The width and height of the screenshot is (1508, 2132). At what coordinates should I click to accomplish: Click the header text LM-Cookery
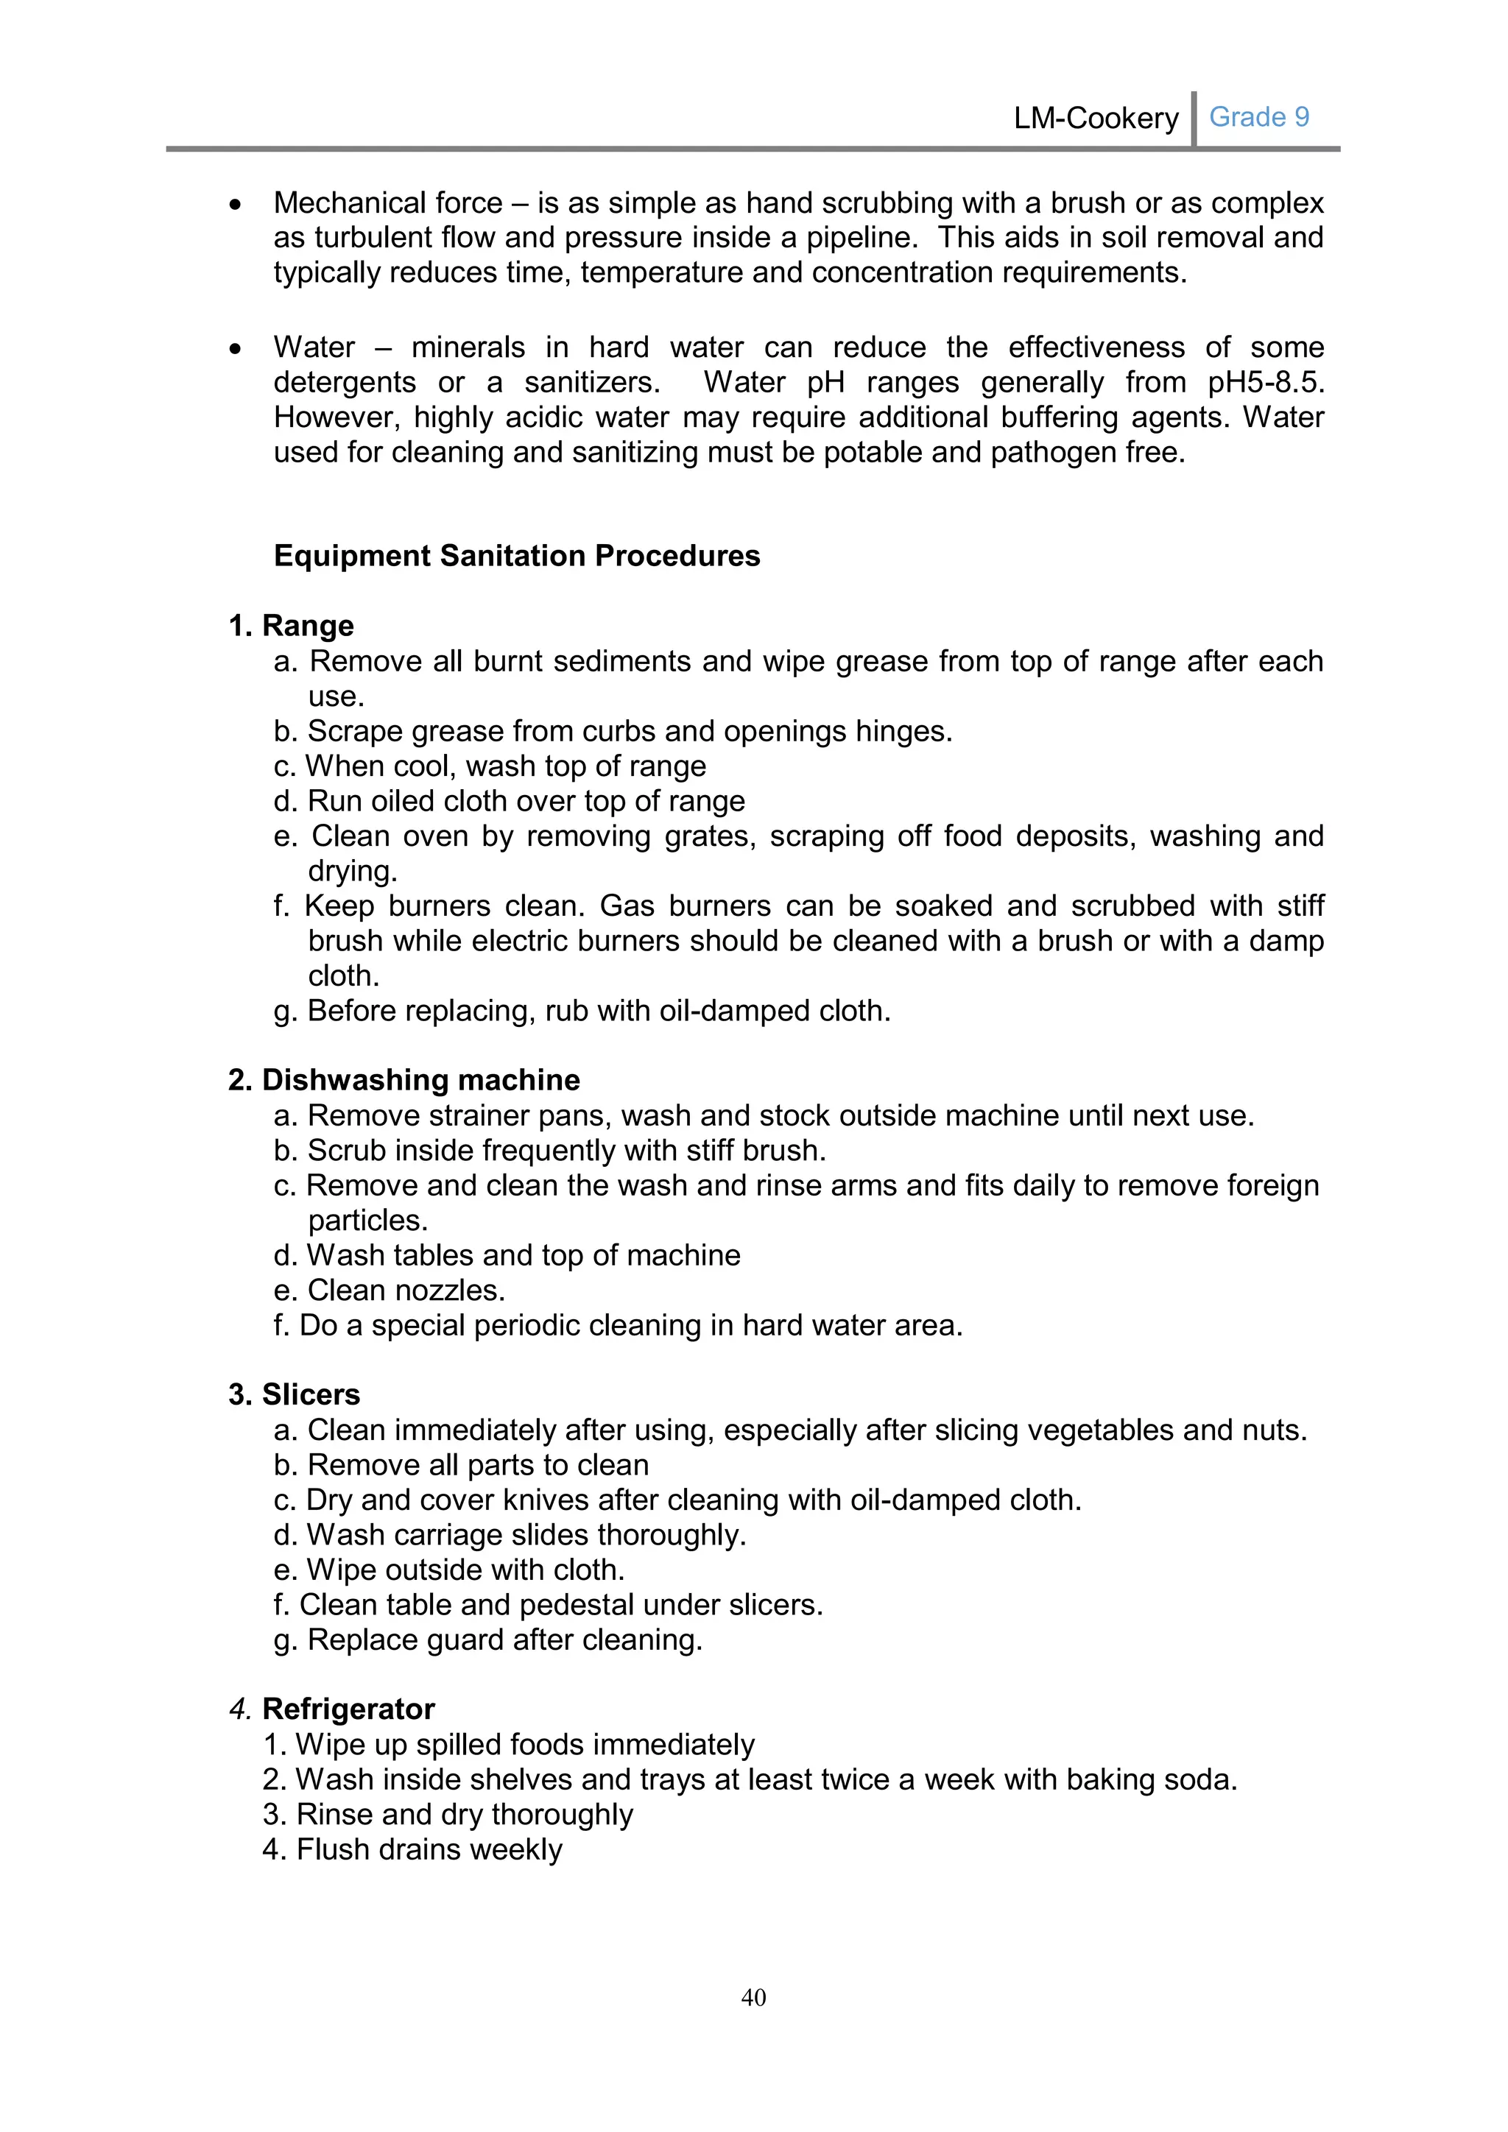tap(1095, 118)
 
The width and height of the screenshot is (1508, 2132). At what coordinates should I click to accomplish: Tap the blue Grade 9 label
tap(1258, 117)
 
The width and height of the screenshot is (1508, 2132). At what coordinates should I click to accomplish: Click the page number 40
tap(753, 1997)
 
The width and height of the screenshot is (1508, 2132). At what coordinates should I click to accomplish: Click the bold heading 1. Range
tap(291, 625)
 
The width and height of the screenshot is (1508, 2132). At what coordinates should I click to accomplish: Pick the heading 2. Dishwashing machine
tap(404, 1079)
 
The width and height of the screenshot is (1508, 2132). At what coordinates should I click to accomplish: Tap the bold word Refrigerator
tap(348, 1709)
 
